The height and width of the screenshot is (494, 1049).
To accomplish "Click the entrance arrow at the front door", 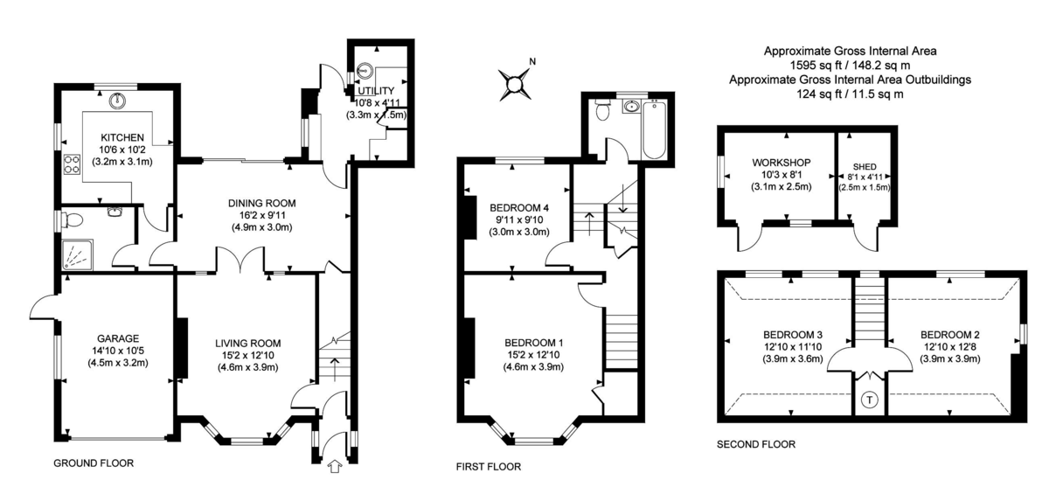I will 333,469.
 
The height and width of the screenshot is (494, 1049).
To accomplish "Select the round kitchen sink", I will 117,101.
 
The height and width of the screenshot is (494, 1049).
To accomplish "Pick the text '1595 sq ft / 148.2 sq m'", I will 851,65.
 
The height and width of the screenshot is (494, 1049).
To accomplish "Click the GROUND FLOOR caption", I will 94,463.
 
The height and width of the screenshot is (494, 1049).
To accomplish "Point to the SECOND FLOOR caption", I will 756,444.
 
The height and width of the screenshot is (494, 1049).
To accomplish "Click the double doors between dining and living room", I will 239,262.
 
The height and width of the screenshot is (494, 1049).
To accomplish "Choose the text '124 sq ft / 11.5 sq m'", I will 851,94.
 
